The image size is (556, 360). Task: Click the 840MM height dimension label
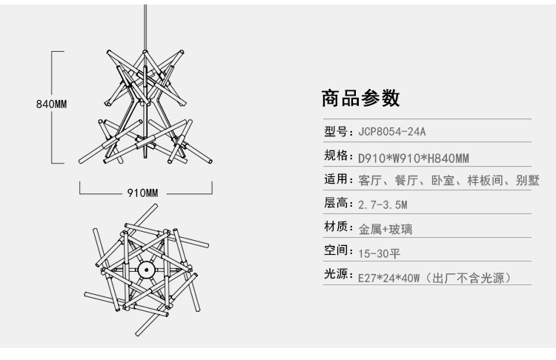point(51,104)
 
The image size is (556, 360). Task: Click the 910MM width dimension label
point(142,193)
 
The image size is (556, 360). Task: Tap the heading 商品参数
point(360,99)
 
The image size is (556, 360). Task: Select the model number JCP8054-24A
point(392,132)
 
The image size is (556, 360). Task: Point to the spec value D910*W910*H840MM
point(414,158)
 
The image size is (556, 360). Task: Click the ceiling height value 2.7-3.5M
point(383,204)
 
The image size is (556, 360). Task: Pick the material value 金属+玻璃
point(385,229)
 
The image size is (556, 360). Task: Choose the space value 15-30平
point(379,253)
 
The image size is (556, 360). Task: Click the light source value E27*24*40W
point(389,279)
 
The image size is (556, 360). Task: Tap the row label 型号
point(336,131)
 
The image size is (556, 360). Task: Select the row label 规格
point(336,156)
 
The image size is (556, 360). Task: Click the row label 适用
point(336,179)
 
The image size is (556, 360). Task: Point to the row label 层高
point(336,203)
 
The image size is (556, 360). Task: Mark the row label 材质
point(336,227)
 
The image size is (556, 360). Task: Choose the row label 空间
point(336,250)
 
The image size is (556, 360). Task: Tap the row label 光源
point(336,274)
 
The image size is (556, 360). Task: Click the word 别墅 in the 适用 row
point(528,180)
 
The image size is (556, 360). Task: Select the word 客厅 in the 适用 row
point(370,180)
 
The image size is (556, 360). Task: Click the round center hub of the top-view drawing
point(146,270)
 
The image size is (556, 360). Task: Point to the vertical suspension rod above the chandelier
point(145,27)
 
